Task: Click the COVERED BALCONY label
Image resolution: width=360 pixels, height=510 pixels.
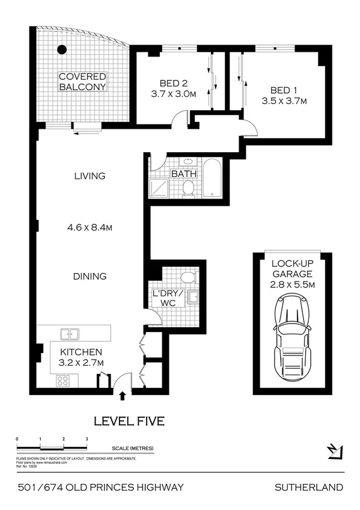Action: pyautogui.click(x=82, y=82)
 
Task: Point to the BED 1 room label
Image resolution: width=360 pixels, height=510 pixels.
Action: pyautogui.click(x=284, y=90)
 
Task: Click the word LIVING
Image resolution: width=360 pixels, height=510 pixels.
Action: pyautogui.click(x=90, y=176)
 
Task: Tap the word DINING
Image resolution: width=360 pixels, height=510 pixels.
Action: pyautogui.click(x=90, y=277)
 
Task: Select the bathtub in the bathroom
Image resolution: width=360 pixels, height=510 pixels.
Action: pyautogui.click(x=213, y=179)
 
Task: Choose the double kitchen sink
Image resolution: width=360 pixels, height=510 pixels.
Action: pyautogui.click(x=70, y=334)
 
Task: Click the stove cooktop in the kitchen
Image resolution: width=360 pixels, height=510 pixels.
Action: pyautogui.click(x=64, y=380)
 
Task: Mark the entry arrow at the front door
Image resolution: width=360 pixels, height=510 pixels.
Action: pyautogui.click(x=123, y=395)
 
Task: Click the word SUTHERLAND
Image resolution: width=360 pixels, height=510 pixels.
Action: pyautogui.click(x=308, y=487)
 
